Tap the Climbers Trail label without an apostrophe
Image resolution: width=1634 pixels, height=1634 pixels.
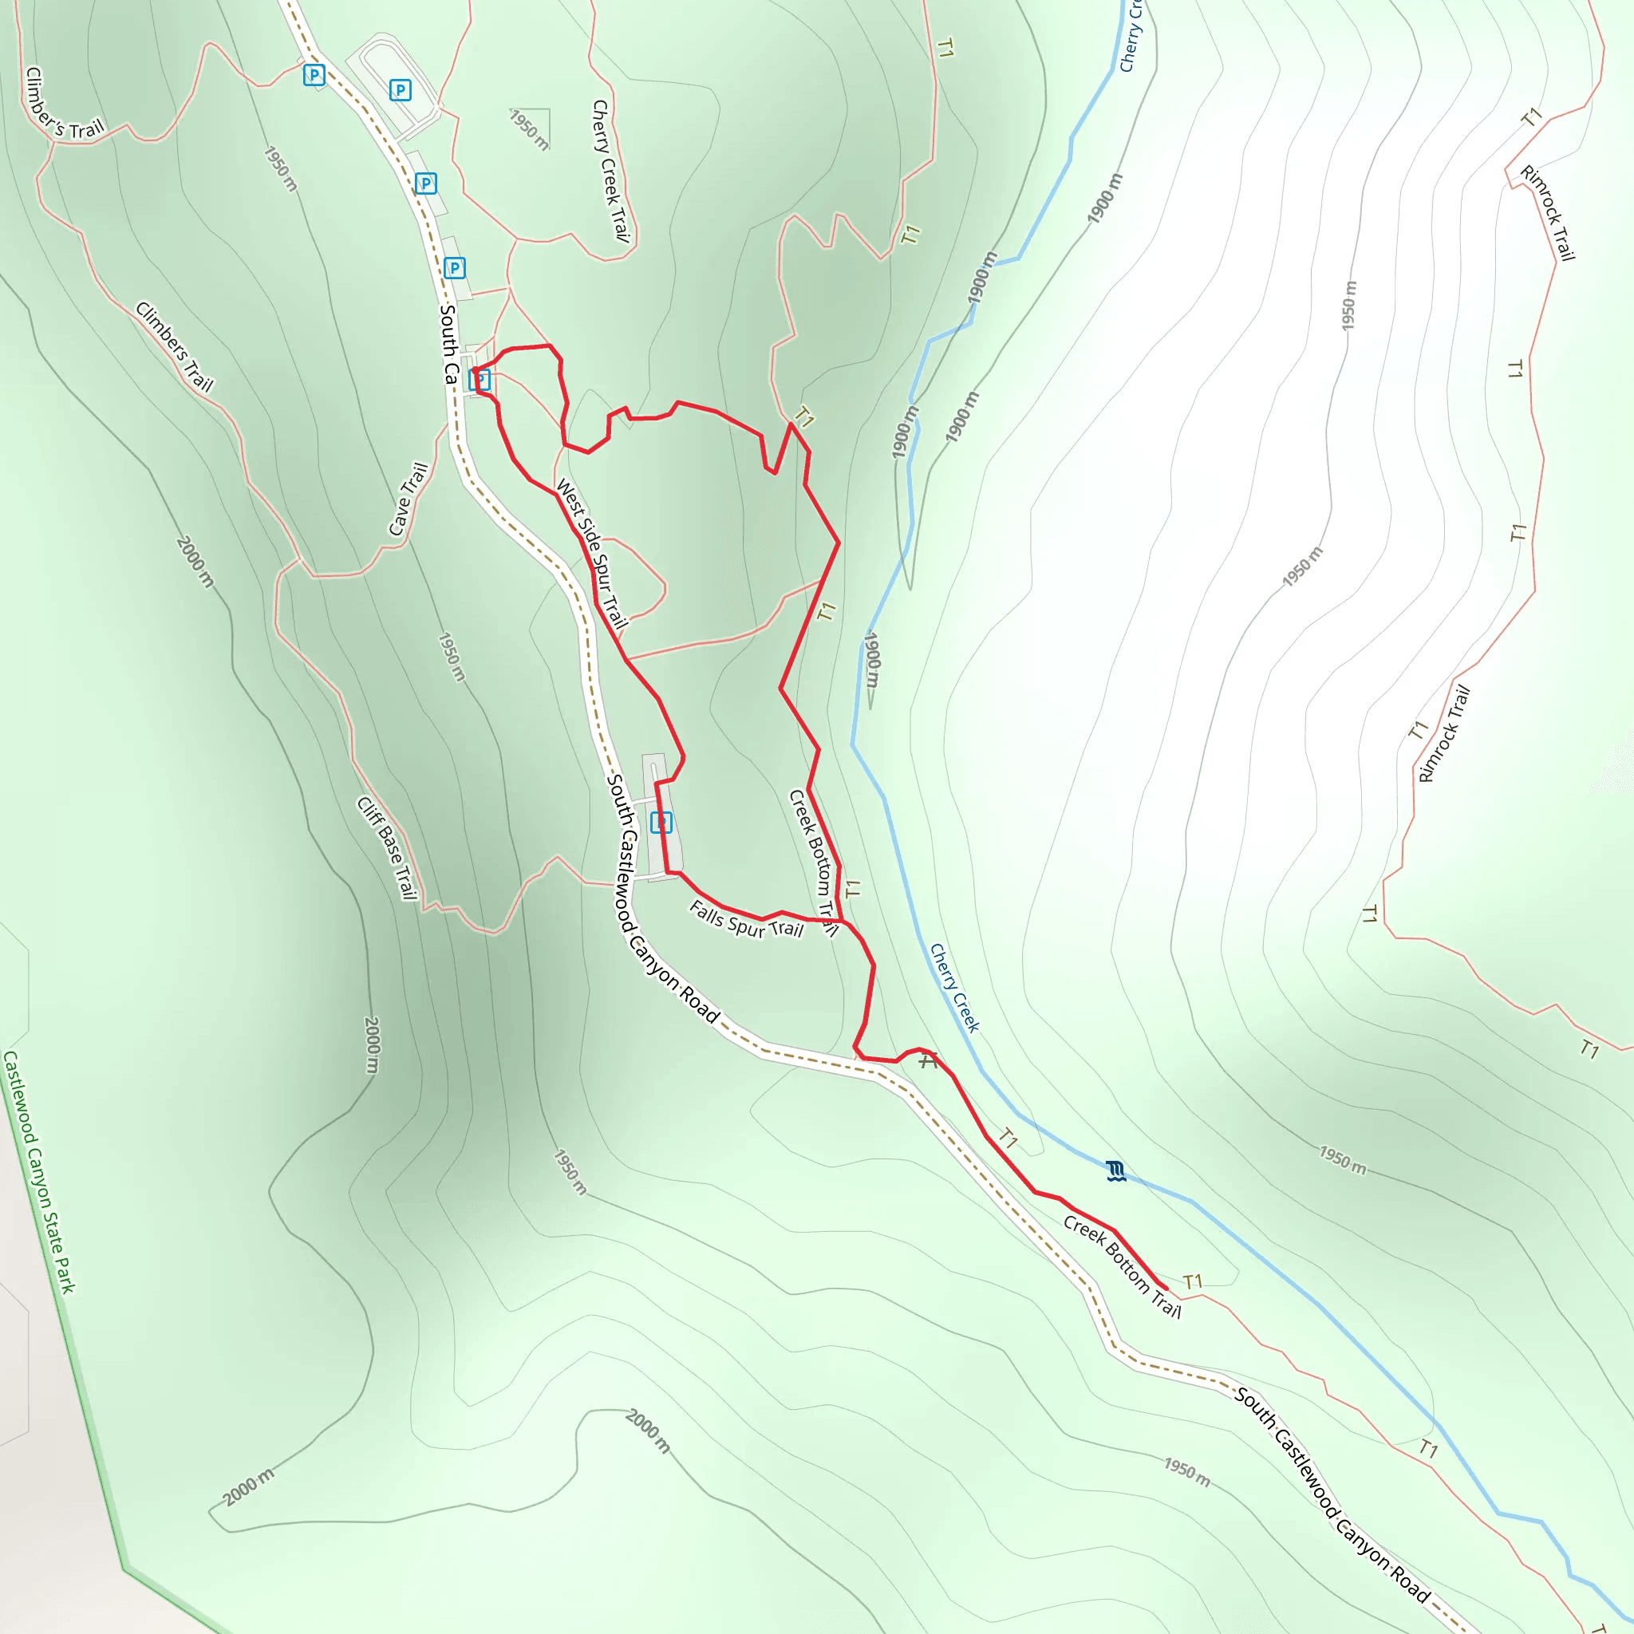click(x=174, y=347)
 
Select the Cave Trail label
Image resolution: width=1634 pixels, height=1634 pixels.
click(x=408, y=499)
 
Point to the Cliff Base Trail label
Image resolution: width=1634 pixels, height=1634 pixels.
click(x=387, y=848)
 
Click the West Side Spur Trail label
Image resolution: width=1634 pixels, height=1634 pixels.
click(x=592, y=554)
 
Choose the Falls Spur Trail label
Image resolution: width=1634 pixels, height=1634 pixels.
click(x=746, y=919)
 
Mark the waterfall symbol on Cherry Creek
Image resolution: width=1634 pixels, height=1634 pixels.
click(x=1116, y=1171)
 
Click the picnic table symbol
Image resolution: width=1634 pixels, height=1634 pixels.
click(x=929, y=1060)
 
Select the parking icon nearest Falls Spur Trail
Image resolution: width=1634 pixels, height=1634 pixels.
click(x=661, y=822)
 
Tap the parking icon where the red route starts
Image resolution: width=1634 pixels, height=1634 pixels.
click(x=480, y=380)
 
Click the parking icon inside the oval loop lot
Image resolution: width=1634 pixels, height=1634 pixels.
click(x=400, y=89)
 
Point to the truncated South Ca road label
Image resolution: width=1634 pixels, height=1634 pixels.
click(x=448, y=343)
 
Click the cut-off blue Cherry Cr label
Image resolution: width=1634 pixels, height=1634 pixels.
click(x=1131, y=36)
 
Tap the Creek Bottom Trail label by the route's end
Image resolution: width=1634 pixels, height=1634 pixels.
click(x=1123, y=1267)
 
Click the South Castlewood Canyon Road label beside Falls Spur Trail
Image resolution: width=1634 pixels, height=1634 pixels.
click(x=663, y=898)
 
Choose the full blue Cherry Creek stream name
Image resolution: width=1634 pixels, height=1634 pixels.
click(x=954, y=988)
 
